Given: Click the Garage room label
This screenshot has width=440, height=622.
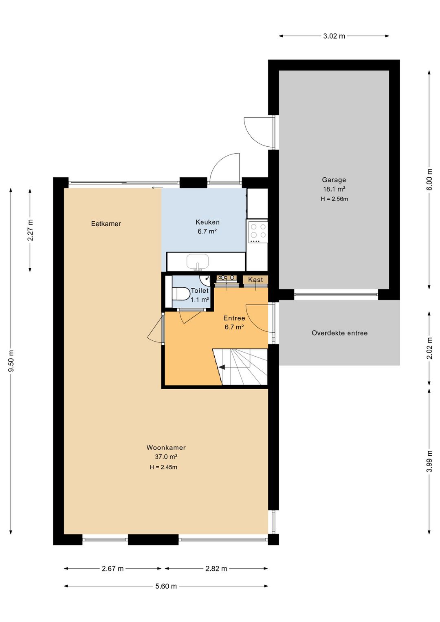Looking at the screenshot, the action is tap(334, 180).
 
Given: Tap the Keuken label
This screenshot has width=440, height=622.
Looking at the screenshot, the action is tap(208, 222).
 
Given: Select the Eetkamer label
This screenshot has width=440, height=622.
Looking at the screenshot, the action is tap(106, 223).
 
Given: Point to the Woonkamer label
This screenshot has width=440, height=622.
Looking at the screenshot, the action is tap(166, 448).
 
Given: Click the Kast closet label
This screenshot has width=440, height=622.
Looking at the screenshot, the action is tap(255, 280).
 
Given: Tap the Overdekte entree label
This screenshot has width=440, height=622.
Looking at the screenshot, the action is tap(339, 333).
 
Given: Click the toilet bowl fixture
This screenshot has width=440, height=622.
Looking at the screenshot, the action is tap(180, 294).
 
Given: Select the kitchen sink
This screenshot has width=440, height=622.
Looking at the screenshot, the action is tap(198, 261).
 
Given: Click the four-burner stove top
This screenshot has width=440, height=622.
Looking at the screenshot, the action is tap(258, 231).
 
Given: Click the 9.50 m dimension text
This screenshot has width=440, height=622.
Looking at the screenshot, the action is tap(11, 361).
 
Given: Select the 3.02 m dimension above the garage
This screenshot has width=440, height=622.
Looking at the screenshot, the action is tap(334, 36).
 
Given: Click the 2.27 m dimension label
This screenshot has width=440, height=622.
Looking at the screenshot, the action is tap(30, 230).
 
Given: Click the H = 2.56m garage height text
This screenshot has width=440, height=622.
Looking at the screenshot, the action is tap(334, 199).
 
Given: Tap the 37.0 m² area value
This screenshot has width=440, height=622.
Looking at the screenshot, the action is tap(166, 457).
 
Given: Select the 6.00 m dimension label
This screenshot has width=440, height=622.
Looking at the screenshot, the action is tap(429, 180).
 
